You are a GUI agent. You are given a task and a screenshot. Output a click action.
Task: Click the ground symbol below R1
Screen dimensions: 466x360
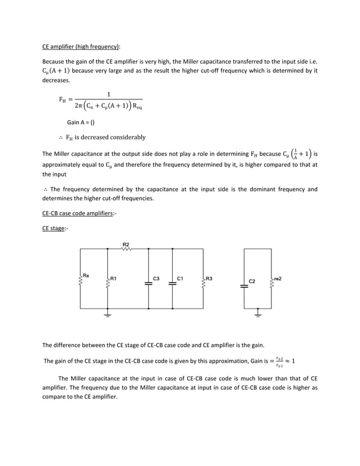pyautogui.click(x=107, y=315)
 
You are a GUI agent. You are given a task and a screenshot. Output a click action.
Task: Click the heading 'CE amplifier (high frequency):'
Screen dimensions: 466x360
pyautogui.click(x=81, y=46)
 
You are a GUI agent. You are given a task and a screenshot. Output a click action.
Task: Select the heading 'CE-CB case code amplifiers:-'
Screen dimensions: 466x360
pyautogui.click(x=82, y=214)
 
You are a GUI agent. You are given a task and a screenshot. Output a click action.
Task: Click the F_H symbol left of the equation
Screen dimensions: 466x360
pyautogui.click(x=63, y=100)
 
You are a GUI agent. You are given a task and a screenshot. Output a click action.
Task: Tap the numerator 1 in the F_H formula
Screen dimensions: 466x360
pyautogui.click(x=108, y=94)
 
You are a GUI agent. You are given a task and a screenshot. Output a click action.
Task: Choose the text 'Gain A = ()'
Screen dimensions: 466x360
pyautogui.click(x=81, y=122)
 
